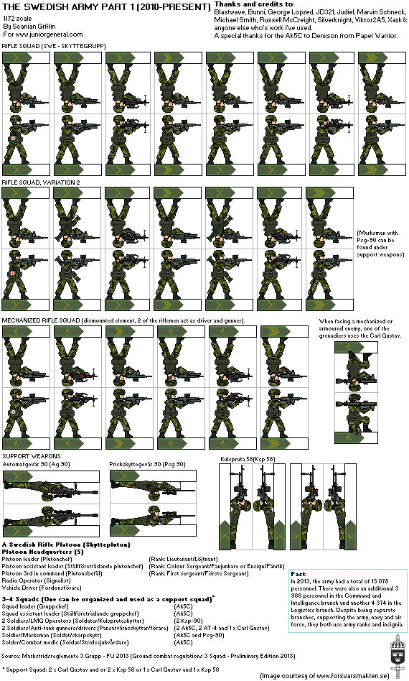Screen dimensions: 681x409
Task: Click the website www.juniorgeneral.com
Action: [43, 34]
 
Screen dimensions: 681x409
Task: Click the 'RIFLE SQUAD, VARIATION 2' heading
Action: [41, 182]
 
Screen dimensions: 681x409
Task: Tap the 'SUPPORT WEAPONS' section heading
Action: [30, 456]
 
